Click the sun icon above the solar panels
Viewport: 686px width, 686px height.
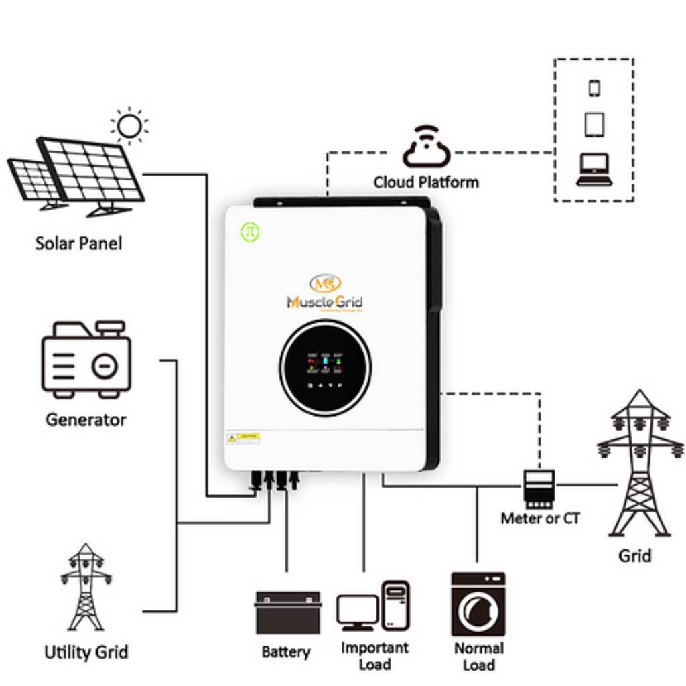pos(129,126)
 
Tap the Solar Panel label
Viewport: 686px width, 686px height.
pos(79,243)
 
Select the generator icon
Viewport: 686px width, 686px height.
pos(86,360)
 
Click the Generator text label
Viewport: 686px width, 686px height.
pos(86,420)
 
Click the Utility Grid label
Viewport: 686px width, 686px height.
pos(86,652)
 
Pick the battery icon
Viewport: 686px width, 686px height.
pos(287,612)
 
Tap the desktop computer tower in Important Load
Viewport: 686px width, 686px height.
pos(395,605)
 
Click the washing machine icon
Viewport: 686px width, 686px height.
pos(478,604)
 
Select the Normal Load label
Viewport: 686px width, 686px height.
pos(478,657)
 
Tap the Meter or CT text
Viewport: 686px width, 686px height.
pos(540,518)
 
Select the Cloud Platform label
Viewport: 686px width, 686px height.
pos(426,182)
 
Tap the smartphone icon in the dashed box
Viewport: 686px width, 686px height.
pos(594,88)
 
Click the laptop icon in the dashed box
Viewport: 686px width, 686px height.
pos(594,169)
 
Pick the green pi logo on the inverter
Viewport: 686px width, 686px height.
pos(251,232)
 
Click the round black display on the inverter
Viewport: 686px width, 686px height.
pos(324,368)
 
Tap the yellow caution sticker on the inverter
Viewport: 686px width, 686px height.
pos(244,438)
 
